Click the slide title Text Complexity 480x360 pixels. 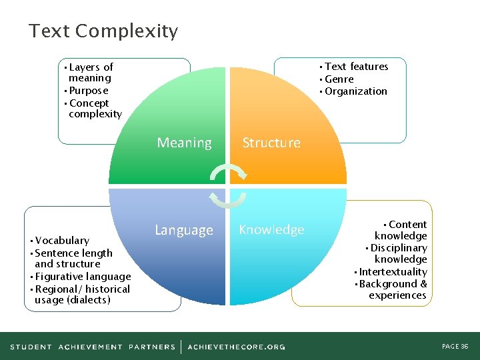(x=103, y=31)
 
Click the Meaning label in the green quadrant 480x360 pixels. (x=184, y=143)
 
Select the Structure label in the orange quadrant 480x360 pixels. (x=271, y=143)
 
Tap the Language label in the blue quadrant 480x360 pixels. (x=184, y=230)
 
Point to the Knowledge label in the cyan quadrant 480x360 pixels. (x=271, y=229)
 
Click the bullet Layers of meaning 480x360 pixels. (x=90, y=73)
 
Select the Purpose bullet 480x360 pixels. (x=88, y=91)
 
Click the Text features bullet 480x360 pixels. (x=356, y=67)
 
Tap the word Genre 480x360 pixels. (x=339, y=79)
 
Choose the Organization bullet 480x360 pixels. (x=355, y=91)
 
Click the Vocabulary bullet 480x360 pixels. (x=62, y=241)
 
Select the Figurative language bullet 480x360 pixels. (x=83, y=277)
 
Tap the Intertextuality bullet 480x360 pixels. (x=393, y=272)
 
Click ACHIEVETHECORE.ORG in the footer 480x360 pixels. (x=236, y=347)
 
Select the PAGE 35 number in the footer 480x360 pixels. (x=455, y=347)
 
